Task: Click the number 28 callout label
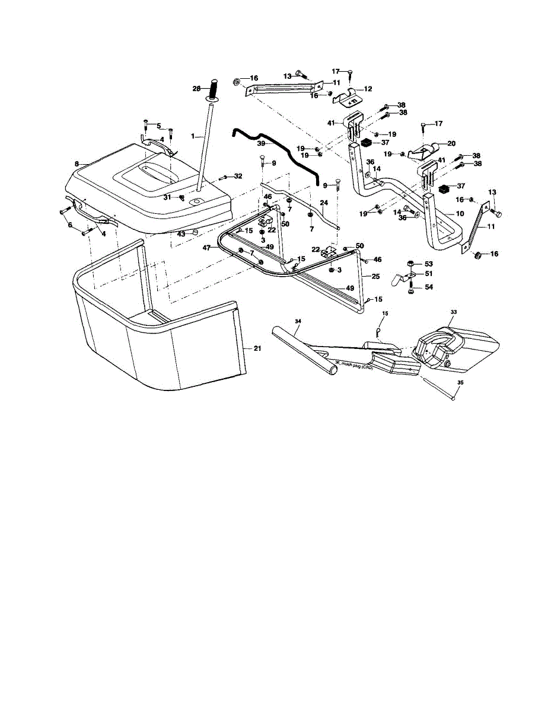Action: click(x=196, y=88)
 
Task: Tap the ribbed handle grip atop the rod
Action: click(x=212, y=89)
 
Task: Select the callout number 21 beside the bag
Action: click(x=257, y=348)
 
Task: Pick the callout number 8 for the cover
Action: click(x=77, y=164)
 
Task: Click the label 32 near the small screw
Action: click(x=238, y=176)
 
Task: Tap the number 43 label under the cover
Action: click(x=181, y=235)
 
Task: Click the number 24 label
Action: click(x=324, y=203)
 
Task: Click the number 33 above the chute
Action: click(x=454, y=312)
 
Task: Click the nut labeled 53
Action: click(x=411, y=263)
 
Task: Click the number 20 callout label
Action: click(x=451, y=143)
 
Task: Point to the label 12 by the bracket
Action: click(x=368, y=89)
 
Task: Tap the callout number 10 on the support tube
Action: click(x=460, y=212)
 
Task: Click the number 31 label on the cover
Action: click(x=167, y=197)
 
